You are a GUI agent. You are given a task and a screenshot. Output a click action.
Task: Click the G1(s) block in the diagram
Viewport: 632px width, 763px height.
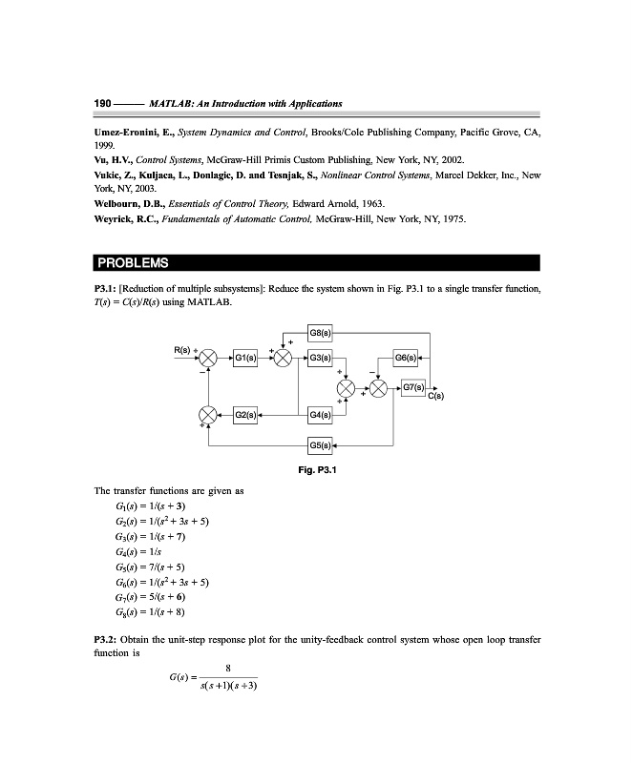click(x=245, y=359)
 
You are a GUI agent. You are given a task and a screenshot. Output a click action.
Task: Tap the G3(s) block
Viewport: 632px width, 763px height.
click(x=321, y=359)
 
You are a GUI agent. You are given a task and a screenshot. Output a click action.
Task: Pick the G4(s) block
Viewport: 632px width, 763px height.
click(x=321, y=416)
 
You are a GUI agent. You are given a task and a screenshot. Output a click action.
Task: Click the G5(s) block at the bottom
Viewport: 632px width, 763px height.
click(x=321, y=445)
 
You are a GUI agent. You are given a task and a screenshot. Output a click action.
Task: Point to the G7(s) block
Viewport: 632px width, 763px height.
click(x=414, y=388)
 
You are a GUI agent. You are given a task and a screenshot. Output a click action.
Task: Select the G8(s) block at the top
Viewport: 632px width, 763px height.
click(x=321, y=332)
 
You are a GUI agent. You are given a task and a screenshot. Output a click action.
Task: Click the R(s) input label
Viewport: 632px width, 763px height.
click(x=181, y=350)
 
